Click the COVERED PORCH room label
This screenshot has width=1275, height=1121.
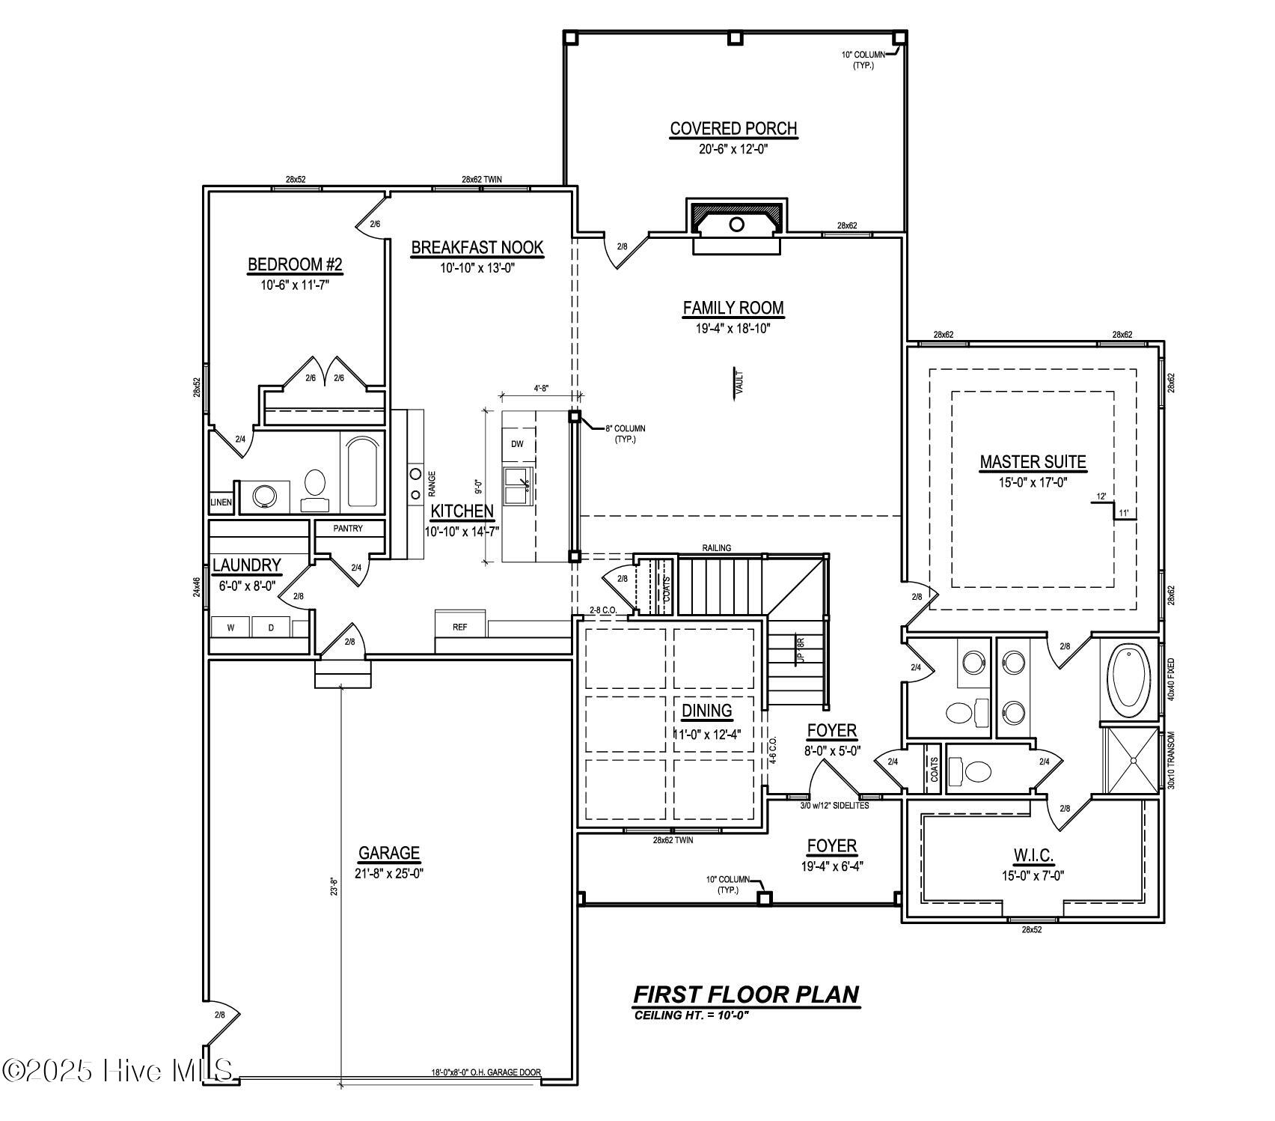tap(733, 129)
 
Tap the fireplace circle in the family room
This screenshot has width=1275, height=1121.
tap(736, 224)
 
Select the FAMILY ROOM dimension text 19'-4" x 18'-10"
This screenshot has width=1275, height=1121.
tap(733, 327)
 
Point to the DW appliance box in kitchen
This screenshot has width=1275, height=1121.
tap(517, 444)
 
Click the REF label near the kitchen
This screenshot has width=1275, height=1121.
tap(459, 627)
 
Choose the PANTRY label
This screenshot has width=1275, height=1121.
tap(348, 529)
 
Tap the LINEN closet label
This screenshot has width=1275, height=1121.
tap(221, 502)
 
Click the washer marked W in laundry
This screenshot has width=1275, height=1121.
tap(230, 628)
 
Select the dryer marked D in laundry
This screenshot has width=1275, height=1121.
tap(271, 628)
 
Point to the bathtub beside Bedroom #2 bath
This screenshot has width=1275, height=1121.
tap(363, 472)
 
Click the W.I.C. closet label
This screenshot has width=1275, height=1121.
tap(1033, 855)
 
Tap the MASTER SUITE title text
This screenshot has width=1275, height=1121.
tap(1033, 463)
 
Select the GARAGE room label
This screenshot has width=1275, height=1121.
tap(389, 853)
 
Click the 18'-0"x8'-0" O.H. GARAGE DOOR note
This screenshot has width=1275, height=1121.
tap(486, 1072)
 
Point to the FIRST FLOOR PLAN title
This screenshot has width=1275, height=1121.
tap(746, 994)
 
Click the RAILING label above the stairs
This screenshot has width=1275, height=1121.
tap(716, 548)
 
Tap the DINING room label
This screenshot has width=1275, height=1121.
tap(706, 711)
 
